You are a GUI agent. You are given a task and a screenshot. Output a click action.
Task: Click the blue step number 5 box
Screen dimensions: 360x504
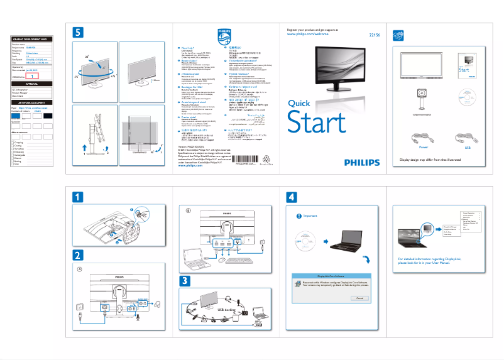(x=77, y=32)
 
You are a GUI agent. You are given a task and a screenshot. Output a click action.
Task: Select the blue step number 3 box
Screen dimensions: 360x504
(x=185, y=280)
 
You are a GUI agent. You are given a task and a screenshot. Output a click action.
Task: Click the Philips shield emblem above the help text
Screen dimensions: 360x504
(x=224, y=35)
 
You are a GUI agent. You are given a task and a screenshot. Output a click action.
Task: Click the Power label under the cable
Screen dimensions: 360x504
(x=423, y=148)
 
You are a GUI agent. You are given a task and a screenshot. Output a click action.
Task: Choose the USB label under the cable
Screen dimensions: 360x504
(x=467, y=148)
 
